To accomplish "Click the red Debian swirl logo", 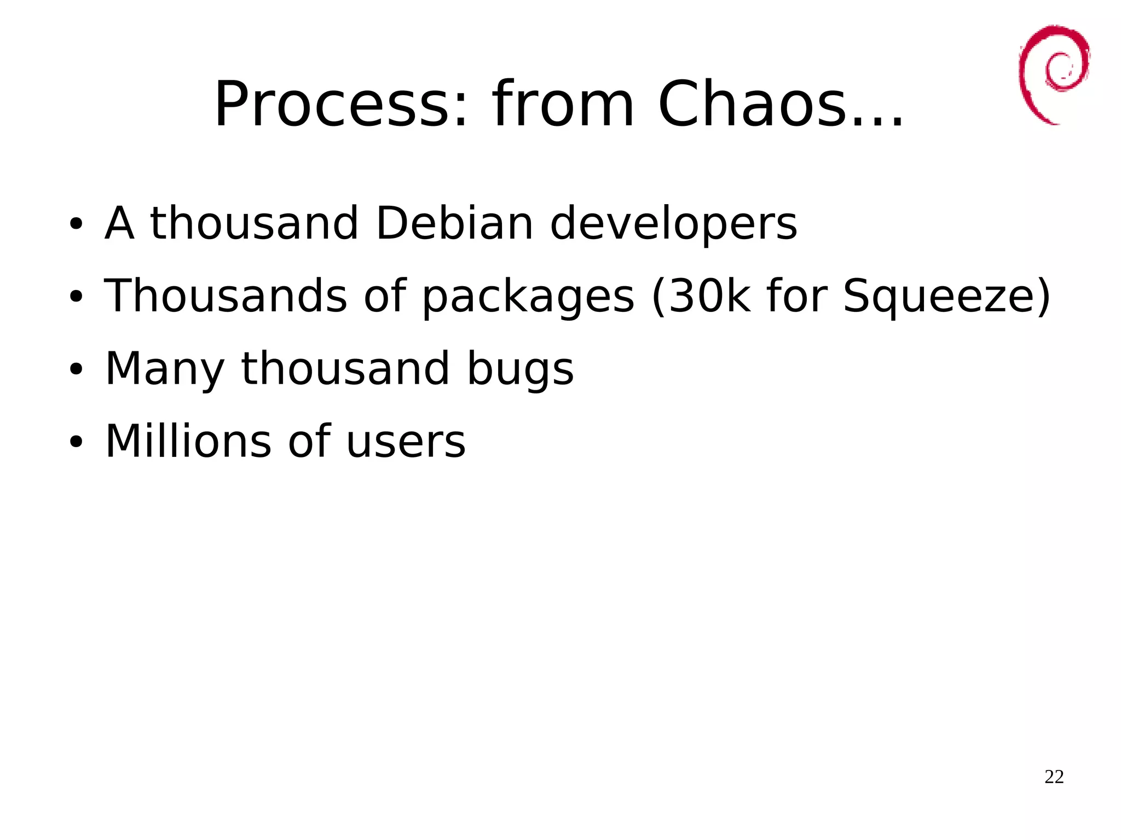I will pos(1053,74).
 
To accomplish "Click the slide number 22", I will pos(1054,777).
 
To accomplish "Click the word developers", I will pos(673,224).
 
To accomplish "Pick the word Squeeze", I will pos(939,297).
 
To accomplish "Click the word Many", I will pos(165,369).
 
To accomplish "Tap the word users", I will pos(406,442).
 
